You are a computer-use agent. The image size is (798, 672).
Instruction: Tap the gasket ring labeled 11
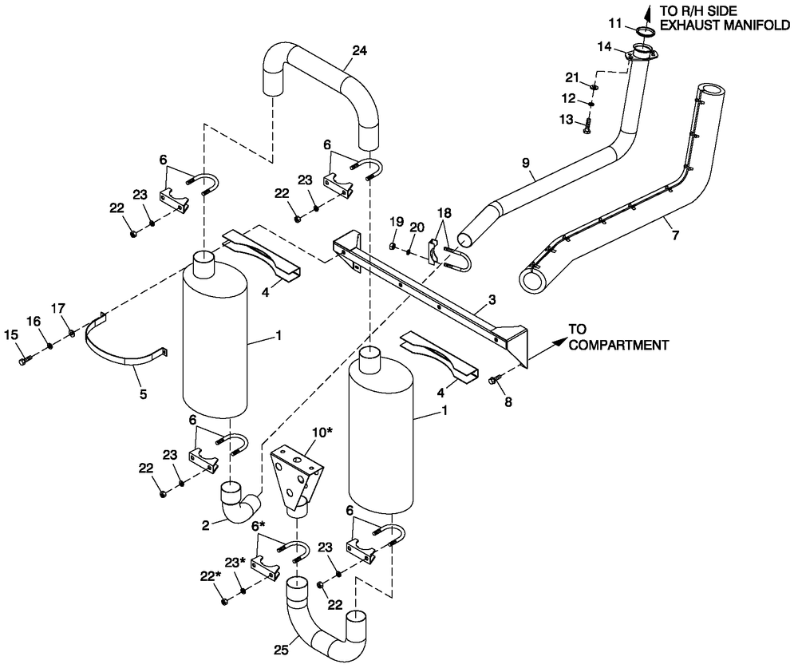tap(646, 33)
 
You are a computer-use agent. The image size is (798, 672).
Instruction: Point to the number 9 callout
tap(525, 163)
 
